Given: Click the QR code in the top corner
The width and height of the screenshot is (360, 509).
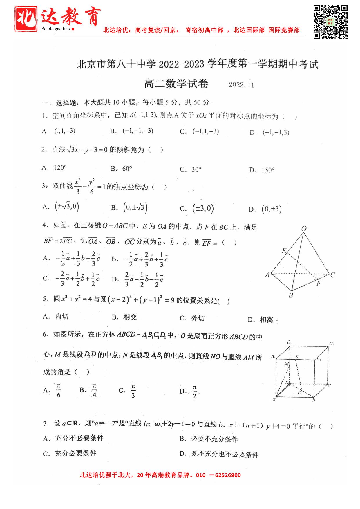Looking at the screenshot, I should point(330,22).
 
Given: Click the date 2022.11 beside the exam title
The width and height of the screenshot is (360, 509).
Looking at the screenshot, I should point(241,85).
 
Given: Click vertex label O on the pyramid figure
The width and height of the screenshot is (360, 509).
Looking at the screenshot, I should point(304,228).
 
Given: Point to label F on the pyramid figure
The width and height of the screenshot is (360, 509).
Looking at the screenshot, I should point(319,283).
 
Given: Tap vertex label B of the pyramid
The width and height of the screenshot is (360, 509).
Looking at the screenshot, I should point(291,296).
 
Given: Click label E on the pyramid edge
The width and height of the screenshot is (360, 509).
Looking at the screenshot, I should point(284,251).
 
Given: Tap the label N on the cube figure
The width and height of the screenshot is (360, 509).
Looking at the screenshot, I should point(296,356).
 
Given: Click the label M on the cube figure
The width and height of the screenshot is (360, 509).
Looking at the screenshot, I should point(286,364).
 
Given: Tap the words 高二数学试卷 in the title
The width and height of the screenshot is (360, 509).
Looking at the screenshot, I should point(176,84).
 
